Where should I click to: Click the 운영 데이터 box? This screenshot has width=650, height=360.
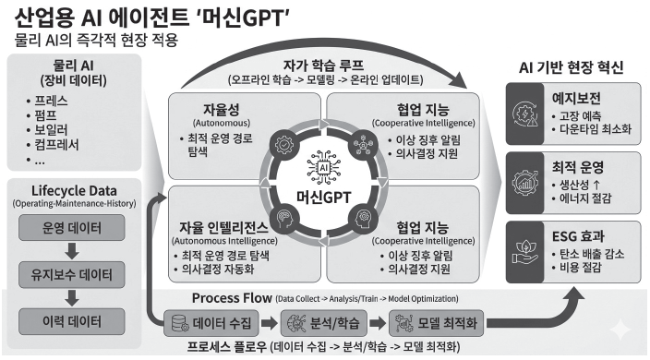pyautogui.click(x=72, y=227)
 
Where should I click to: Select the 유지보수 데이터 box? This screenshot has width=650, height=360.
pyautogui.click(x=72, y=274)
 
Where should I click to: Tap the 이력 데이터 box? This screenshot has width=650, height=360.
pyautogui.click(x=72, y=321)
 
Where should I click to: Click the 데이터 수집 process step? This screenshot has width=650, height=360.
pyautogui.click(x=211, y=323)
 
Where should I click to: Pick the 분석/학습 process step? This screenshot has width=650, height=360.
pyautogui.click(x=324, y=323)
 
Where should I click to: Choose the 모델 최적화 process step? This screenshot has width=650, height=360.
pyautogui.click(x=436, y=323)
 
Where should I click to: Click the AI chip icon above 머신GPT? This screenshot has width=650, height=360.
pyautogui.click(x=323, y=168)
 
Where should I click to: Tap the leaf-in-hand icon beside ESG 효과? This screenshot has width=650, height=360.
pyautogui.click(x=524, y=252)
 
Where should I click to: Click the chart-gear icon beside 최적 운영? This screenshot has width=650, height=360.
pyautogui.click(x=524, y=182)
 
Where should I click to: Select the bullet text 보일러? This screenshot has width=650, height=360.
pyautogui.click(x=51, y=129)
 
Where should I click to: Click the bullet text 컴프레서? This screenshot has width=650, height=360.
pyautogui.click(x=56, y=145)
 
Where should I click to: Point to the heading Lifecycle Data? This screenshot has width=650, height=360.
pyautogui.click(x=74, y=190)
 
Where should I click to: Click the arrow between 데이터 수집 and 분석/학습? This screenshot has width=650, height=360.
pyautogui.click(x=270, y=323)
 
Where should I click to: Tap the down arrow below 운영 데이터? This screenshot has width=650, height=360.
pyautogui.click(x=72, y=251)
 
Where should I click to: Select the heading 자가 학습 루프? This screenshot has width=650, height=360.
pyautogui.click(x=324, y=65)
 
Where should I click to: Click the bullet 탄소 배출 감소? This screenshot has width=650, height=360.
pyautogui.click(x=592, y=254)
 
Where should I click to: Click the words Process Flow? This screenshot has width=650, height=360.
pyautogui.click(x=232, y=298)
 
